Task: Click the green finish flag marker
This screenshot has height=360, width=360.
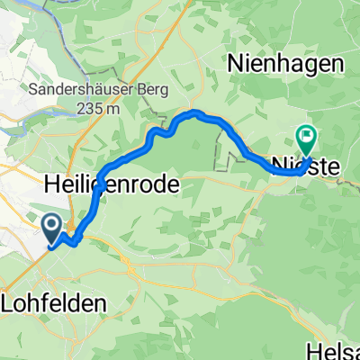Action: click(307, 139)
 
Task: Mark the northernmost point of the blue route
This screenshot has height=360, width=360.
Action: click(193, 112)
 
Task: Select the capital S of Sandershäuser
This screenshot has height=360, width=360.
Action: click(32, 91)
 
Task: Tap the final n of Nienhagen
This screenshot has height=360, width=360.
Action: click(338, 64)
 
